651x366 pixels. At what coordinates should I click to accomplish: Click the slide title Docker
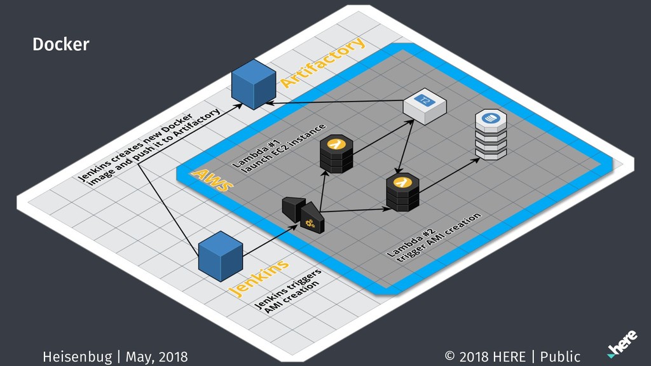(x=61, y=44)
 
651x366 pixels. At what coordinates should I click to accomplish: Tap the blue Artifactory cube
(x=253, y=85)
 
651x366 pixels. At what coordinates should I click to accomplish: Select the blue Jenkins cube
(x=221, y=256)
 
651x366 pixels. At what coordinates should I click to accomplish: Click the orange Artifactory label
(x=322, y=62)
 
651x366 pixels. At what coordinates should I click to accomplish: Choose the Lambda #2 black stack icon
(x=402, y=193)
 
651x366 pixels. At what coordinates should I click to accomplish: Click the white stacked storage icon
(x=491, y=135)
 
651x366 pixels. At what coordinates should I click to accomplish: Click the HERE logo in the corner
(x=622, y=344)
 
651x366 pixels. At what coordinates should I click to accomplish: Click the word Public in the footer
(x=560, y=356)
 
